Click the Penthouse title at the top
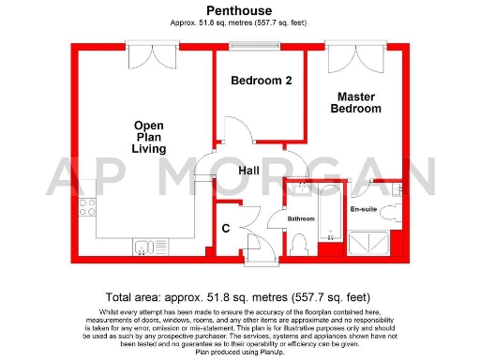[240, 10]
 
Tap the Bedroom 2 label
[262, 82]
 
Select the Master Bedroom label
[357, 102]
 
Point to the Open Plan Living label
[149, 137]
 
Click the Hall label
[249, 171]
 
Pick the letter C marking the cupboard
[226, 228]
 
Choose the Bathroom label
[301, 218]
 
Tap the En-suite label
[363, 209]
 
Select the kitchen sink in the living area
[145, 247]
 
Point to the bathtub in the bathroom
[330, 214]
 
